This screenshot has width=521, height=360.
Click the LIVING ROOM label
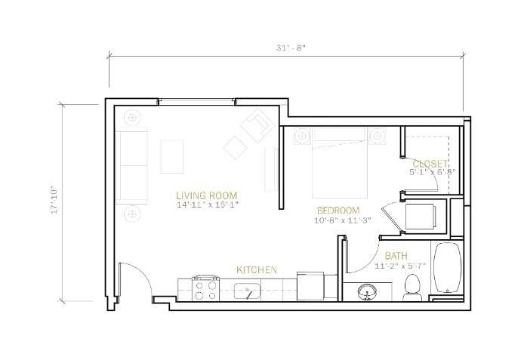point(207,195)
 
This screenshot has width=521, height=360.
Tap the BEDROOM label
point(338,211)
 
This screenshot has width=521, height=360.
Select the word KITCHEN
point(257,270)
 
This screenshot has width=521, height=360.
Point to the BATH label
point(396,256)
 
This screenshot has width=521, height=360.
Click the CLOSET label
point(430,164)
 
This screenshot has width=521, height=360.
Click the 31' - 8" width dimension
point(291,48)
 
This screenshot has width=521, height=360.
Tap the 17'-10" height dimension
point(54,202)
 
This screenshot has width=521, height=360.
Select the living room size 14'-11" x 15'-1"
point(208,205)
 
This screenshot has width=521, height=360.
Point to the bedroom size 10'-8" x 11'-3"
point(343,220)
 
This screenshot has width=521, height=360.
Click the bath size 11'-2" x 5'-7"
point(400,266)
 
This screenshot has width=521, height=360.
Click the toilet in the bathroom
point(412,288)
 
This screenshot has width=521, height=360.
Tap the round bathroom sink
point(367,291)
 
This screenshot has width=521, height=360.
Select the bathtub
point(447,268)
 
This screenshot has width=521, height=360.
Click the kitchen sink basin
point(247,291)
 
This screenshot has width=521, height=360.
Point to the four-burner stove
point(206,288)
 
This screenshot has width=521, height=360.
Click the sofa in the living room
point(131,166)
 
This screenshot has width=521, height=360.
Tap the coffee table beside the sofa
point(172,156)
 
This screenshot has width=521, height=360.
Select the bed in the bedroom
point(340,163)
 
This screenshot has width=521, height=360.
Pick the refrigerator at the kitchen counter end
point(310,286)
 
